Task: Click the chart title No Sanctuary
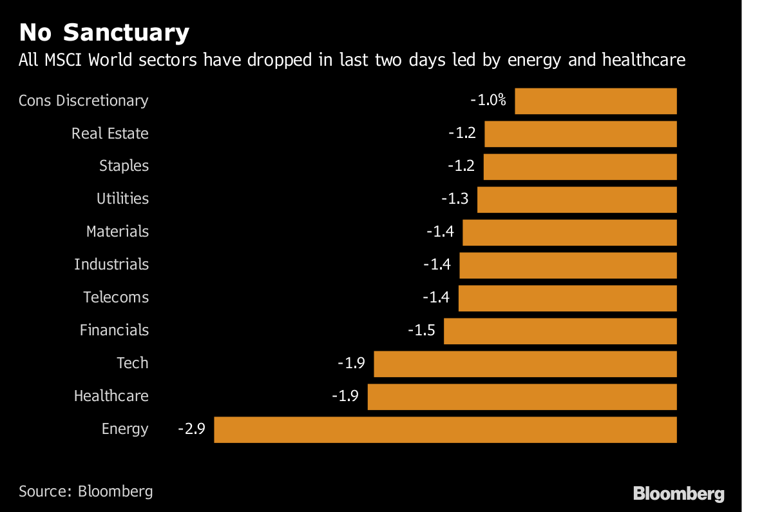104,32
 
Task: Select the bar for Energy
445,429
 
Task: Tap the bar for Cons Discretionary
596,101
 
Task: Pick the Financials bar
560,331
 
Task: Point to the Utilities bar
577,199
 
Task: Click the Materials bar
570,232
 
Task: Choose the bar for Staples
580,166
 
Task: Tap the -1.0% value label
488,101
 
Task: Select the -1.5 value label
421,331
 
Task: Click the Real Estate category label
110,133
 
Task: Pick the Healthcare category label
111,396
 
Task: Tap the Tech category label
133,363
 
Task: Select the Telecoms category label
116,297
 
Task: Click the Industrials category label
111,264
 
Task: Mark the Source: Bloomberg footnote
86,491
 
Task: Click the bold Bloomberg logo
679,494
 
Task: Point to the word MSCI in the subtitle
63,61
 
